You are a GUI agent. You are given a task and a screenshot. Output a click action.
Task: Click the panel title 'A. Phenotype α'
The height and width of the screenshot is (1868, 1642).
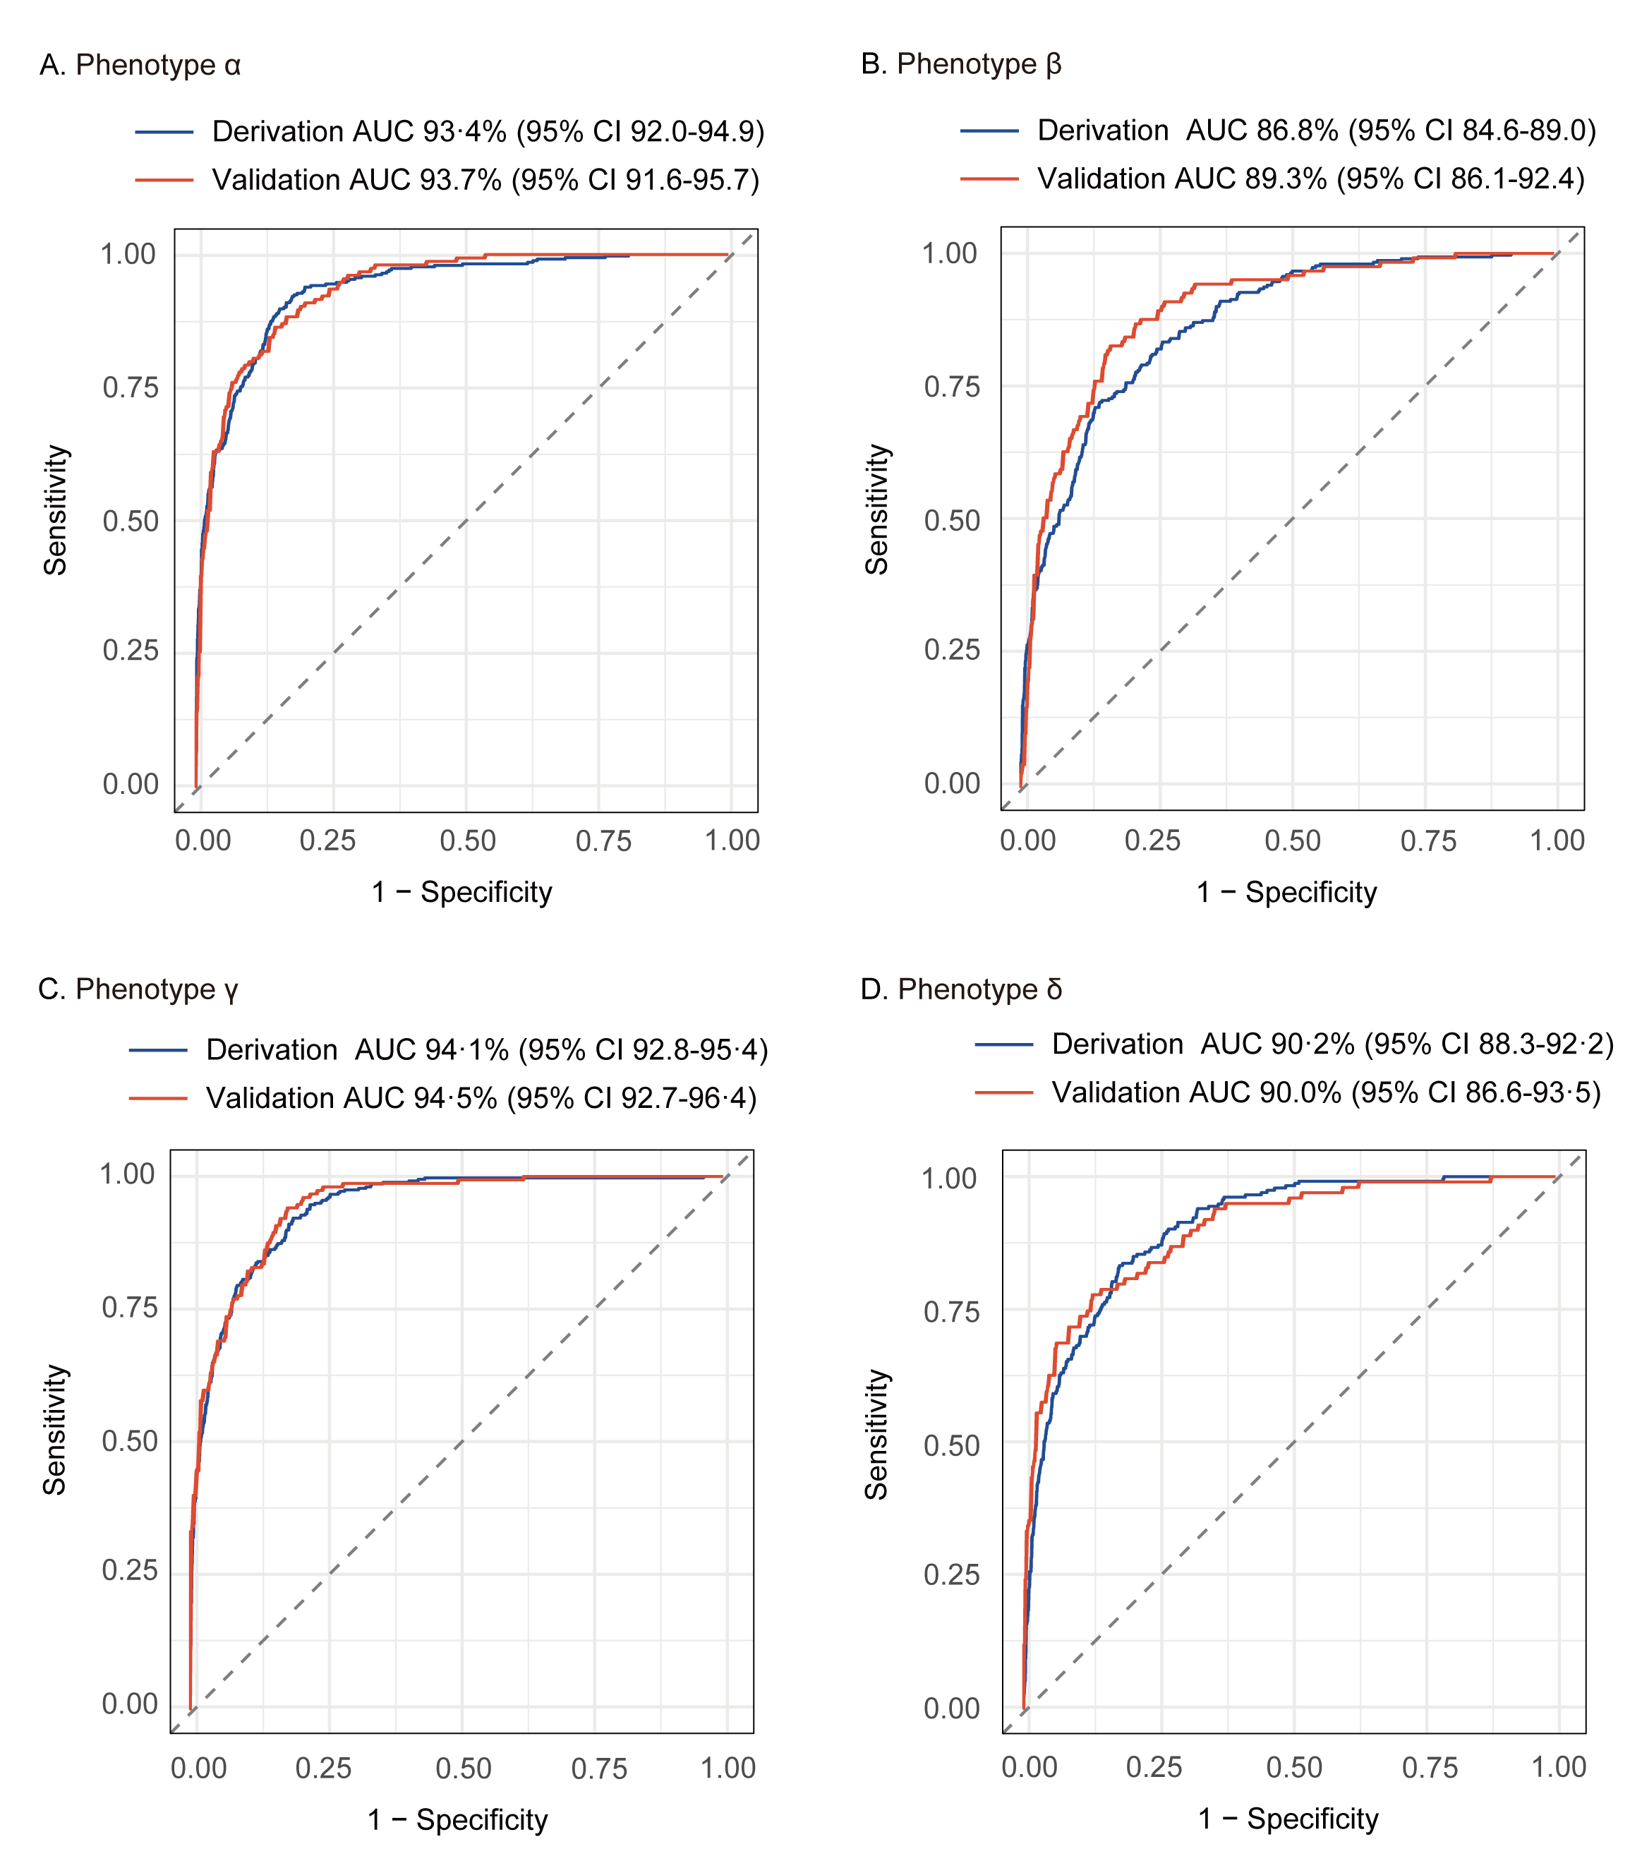[140, 66]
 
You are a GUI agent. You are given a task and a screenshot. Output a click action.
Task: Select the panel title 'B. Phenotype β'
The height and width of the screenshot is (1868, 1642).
[960, 65]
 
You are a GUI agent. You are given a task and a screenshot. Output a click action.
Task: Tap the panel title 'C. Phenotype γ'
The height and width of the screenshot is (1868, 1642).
[138, 989]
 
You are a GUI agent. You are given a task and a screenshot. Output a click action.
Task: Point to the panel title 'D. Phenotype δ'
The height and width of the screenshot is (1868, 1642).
[960, 989]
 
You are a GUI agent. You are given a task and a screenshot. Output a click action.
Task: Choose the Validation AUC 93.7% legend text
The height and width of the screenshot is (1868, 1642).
[485, 180]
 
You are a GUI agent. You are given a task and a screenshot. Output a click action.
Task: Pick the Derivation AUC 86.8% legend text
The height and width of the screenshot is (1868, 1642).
[1316, 131]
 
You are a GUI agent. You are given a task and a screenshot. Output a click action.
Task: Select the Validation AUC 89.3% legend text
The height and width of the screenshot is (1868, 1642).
[1310, 179]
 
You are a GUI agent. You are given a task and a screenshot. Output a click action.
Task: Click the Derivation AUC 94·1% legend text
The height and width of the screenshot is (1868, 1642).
[487, 1050]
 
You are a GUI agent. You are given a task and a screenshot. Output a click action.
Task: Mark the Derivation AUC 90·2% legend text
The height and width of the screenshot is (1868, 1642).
[1332, 1044]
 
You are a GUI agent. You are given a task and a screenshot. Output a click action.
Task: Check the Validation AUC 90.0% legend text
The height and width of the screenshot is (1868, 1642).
[1326, 1093]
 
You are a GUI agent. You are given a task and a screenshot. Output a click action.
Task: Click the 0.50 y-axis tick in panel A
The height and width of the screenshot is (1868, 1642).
[130, 522]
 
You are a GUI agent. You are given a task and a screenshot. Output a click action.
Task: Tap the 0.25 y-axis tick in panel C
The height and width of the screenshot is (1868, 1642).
[130, 1570]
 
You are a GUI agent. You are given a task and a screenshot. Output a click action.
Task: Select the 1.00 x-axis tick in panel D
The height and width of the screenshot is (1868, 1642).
[1558, 1768]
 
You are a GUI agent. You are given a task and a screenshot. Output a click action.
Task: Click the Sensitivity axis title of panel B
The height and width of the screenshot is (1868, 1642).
[877, 510]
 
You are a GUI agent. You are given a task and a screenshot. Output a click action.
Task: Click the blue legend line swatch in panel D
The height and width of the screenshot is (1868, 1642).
[1003, 1044]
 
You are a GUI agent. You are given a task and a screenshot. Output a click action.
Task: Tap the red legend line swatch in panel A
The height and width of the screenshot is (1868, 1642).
[164, 180]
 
